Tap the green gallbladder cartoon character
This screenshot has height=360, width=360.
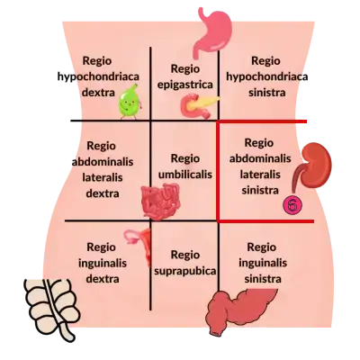point(130,102)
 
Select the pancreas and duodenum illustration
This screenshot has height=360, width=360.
point(198,105)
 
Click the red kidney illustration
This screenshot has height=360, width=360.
point(313,165)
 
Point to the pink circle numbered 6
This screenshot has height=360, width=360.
point(292,205)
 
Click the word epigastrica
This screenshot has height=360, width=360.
point(185,85)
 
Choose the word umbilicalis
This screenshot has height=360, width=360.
point(185,175)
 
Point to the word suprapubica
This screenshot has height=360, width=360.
point(184,271)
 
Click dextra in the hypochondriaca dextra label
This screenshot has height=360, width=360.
point(98,92)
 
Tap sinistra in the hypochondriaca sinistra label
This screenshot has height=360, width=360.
point(266,92)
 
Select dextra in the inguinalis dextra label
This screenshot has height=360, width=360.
point(103,279)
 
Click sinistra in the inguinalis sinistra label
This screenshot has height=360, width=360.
point(263,279)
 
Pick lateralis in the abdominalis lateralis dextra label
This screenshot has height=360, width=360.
point(103,177)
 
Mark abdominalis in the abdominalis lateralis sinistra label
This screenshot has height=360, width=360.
point(260,158)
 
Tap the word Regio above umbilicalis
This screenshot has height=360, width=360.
point(185,158)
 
